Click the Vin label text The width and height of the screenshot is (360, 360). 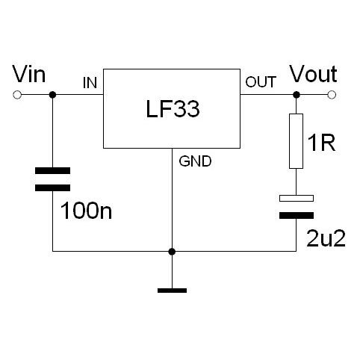[x=29, y=74]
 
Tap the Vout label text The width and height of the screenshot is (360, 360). [x=314, y=74]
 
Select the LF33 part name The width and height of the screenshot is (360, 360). [x=173, y=109]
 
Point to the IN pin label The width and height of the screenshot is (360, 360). [x=90, y=83]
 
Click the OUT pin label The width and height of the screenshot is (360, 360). [x=261, y=82]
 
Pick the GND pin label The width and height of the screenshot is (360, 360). [x=195, y=161]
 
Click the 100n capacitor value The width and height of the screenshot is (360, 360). [x=86, y=211]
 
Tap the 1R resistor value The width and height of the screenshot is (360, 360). [x=322, y=143]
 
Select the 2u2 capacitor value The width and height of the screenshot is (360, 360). [x=326, y=238]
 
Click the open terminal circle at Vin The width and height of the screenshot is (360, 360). [x=17, y=95]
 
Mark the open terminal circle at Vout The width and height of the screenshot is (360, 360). [x=332, y=95]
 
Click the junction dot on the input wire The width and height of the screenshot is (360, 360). [x=52, y=95]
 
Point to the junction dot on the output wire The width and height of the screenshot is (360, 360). [x=297, y=95]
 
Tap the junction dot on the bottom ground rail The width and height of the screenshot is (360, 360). [x=172, y=252]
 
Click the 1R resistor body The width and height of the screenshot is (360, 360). [x=296, y=141]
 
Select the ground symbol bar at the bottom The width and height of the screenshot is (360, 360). [x=172, y=291]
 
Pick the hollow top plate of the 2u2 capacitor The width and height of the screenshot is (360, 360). [x=297, y=198]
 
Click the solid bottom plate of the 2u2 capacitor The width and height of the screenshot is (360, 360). [x=297, y=216]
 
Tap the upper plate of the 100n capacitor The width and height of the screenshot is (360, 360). [x=52, y=170]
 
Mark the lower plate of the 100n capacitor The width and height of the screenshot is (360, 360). [x=52, y=188]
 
